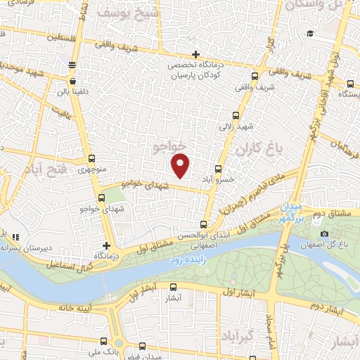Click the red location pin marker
point(181,165)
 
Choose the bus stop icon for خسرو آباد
point(218,169)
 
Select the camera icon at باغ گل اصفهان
point(324,233)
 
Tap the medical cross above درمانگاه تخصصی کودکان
point(195,55)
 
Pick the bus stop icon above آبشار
point(174,287)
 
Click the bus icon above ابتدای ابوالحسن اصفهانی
point(204,225)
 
